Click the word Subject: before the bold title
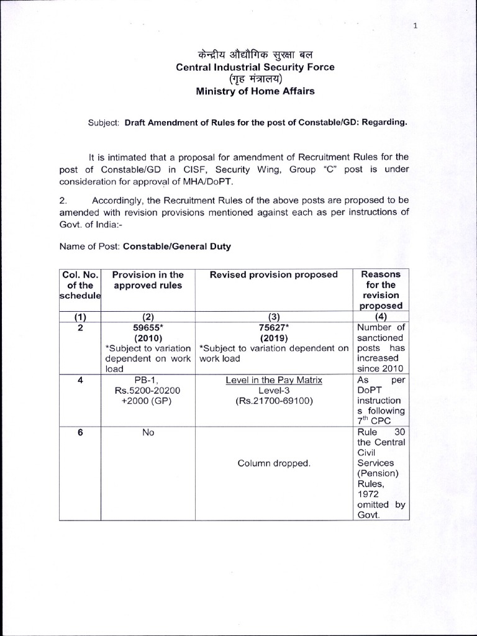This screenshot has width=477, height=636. [x=104, y=122]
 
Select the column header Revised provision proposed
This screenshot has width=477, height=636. [x=273, y=275]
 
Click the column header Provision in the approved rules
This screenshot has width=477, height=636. [x=148, y=279]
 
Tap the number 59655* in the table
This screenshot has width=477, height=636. [x=148, y=328]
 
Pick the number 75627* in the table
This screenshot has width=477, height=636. [x=273, y=328]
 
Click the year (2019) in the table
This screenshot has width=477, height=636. [x=273, y=338]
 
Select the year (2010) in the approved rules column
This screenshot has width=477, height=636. [x=148, y=338]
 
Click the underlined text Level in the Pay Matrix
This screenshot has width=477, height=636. [x=273, y=380]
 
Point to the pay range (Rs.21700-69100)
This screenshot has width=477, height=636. [x=273, y=401]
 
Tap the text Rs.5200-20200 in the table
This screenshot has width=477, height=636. [x=148, y=391]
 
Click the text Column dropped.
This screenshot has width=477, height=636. [x=273, y=463]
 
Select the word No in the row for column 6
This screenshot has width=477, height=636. [x=148, y=432]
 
